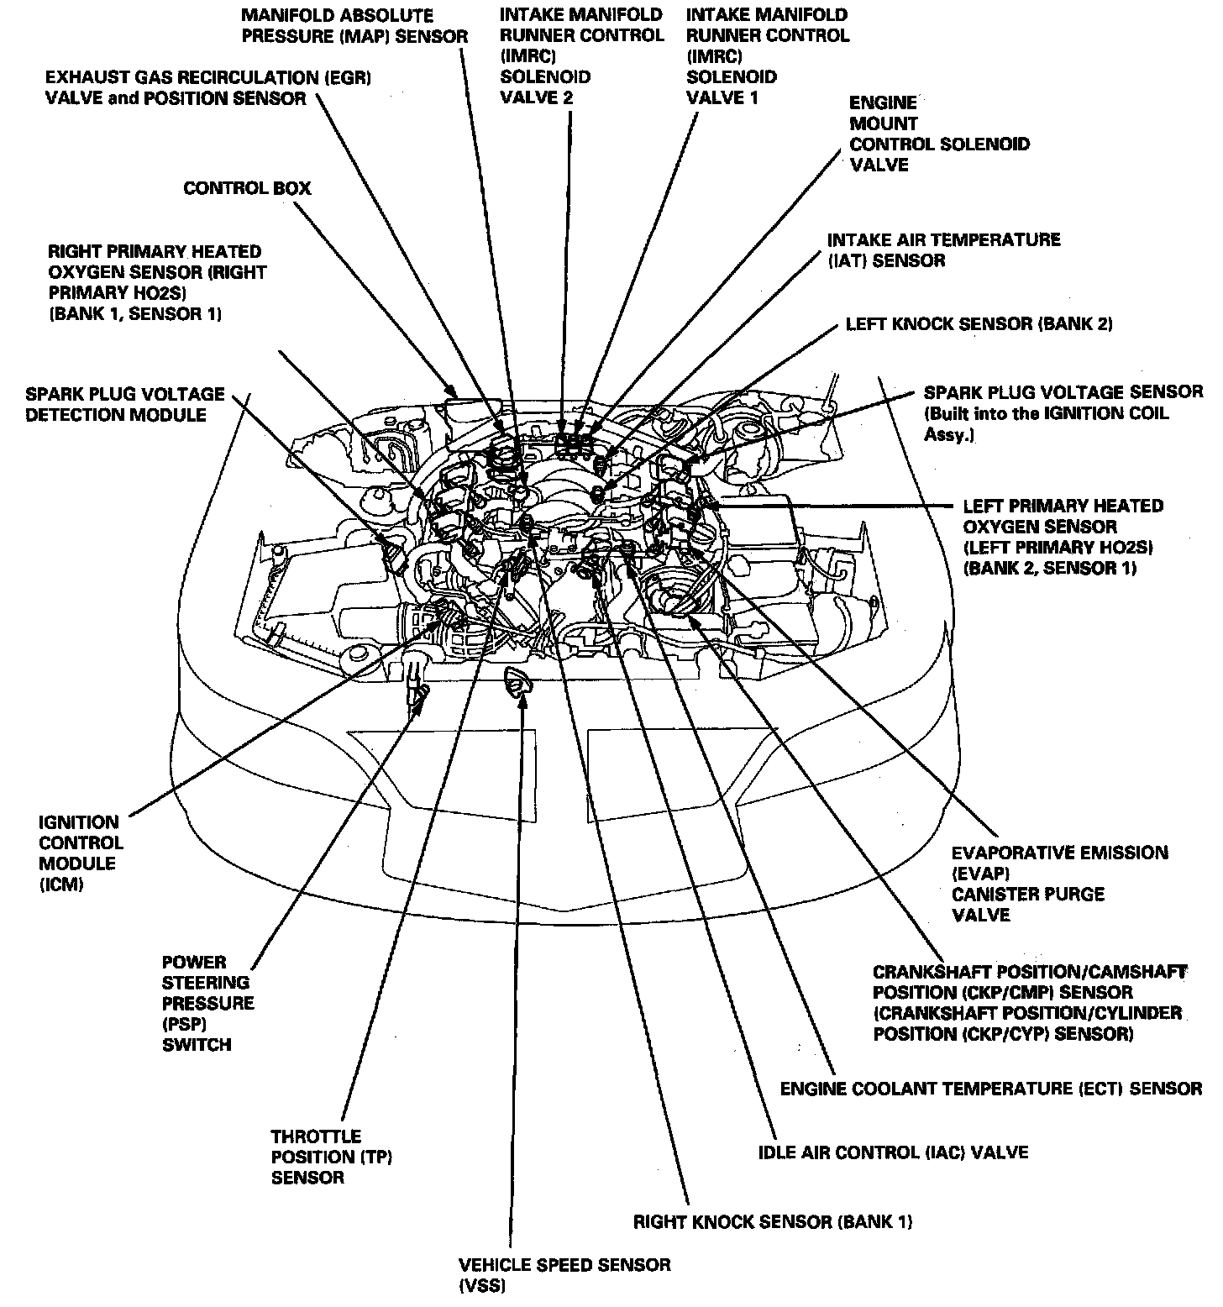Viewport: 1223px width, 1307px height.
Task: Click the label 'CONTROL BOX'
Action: tap(247, 187)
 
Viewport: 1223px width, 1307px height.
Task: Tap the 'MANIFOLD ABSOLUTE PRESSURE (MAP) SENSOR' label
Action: tap(354, 26)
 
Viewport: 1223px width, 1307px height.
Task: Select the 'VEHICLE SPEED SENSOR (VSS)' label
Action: tap(564, 1275)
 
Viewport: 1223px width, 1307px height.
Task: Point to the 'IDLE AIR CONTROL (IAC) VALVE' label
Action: tap(893, 1152)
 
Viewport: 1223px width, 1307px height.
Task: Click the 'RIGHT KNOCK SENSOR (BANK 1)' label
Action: tap(773, 1221)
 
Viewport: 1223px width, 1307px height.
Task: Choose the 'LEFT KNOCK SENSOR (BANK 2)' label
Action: tap(979, 324)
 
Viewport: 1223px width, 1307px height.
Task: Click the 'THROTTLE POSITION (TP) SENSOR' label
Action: tap(332, 1157)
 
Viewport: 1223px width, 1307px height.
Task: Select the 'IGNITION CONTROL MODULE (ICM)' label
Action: tap(81, 853)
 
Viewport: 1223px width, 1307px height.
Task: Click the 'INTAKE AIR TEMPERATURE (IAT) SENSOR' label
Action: tap(944, 250)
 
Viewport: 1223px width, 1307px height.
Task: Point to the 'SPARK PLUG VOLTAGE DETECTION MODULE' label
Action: tap(126, 404)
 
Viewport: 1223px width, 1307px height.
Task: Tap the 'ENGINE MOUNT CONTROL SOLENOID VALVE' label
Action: tap(939, 134)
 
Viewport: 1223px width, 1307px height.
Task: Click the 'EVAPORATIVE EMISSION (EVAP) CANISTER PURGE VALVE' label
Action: tap(1059, 883)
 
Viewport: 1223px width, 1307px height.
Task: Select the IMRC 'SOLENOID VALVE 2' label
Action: tap(581, 56)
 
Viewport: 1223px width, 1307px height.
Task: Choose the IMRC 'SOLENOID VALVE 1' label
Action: tap(768, 56)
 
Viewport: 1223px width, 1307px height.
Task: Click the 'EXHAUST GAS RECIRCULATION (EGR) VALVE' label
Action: tap(208, 87)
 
